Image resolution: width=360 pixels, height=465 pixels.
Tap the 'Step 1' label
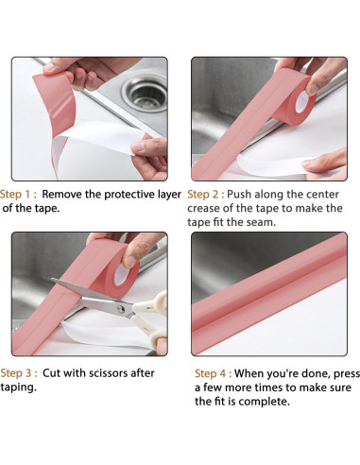16,195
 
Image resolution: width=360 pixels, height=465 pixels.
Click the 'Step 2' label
202,195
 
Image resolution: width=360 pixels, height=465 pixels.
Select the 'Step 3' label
16,373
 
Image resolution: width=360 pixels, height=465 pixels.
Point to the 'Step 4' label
211,373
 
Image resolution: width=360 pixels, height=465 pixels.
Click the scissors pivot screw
121,308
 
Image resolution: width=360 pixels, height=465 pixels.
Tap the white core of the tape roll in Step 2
301,102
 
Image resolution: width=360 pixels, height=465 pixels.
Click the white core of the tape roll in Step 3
121,275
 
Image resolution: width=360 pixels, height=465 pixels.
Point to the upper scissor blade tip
52,279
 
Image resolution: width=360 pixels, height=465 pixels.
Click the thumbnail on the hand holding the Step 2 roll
312,89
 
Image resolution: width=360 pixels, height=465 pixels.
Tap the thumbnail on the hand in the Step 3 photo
130,262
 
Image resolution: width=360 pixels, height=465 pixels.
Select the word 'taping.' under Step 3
18,387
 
